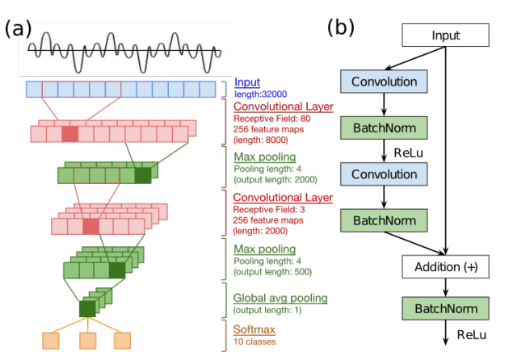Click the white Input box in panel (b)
[x=445, y=35]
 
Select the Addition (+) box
[x=445, y=266]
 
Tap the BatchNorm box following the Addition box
[x=445, y=308]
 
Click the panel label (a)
[x=18, y=28]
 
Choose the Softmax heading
[x=254, y=329]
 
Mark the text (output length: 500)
[x=274, y=272]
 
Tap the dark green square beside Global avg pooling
[x=87, y=308]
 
